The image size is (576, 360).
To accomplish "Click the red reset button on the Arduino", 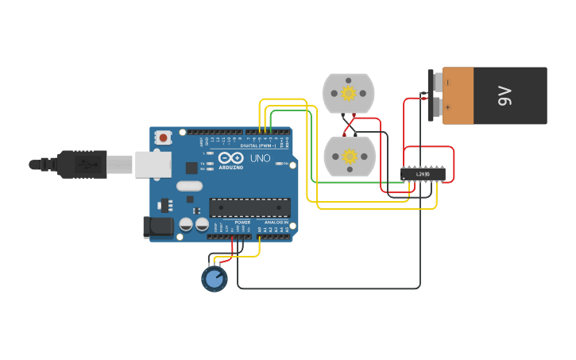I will tap(164, 137).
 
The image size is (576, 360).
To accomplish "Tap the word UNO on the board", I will tap(261, 158).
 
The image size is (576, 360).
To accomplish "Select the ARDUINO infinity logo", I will tap(230, 157).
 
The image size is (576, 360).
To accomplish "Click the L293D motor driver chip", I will tap(421, 173).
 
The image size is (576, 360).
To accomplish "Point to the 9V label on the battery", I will tap(505, 95).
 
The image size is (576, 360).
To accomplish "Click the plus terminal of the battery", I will tap(447, 107).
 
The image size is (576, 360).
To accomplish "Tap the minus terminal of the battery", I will tap(447, 82).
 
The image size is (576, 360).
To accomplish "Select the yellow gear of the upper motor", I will tap(348, 93).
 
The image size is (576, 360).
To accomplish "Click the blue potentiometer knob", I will tap(214, 278).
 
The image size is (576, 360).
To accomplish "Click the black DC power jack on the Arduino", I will tap(158, 227).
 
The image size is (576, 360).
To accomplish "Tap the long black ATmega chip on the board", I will tap(249, 207).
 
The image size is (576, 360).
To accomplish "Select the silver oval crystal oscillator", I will tap(190, 187).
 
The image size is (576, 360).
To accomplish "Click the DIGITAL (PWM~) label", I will tap(259, 146).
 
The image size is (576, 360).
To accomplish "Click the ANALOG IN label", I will tap(276, 223).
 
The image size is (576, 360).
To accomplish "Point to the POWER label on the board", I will tap(242, 223).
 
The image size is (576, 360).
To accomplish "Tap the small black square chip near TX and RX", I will tap(191, 168).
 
